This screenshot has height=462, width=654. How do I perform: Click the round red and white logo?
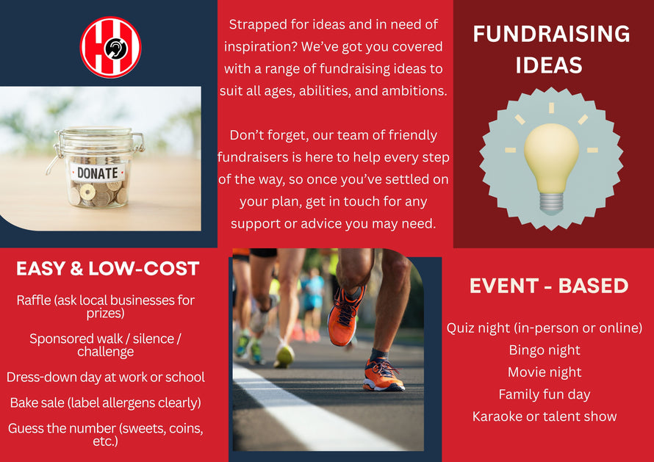point(110,47)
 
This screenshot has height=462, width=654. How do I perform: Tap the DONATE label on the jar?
point(98,173)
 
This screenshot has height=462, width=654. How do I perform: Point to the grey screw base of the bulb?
point(551,203)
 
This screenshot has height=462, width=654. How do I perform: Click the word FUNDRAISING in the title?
point(551,34)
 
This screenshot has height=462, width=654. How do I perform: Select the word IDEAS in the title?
point(549,65)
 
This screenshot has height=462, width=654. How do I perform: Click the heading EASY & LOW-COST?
point(107,269)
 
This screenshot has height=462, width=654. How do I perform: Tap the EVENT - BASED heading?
point(549,286)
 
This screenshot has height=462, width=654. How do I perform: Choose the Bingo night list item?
point(545,350)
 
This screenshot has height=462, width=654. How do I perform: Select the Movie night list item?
point(545,372)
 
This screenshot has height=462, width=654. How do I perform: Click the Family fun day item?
point(545,394)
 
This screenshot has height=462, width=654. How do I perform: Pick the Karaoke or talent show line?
point(545,416)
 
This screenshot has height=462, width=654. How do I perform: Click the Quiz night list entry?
point(545,328)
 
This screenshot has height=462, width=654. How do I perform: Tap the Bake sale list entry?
point(106,403)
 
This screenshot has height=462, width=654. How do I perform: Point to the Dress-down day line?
point(106,378)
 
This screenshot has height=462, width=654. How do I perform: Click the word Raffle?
point(34,300)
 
